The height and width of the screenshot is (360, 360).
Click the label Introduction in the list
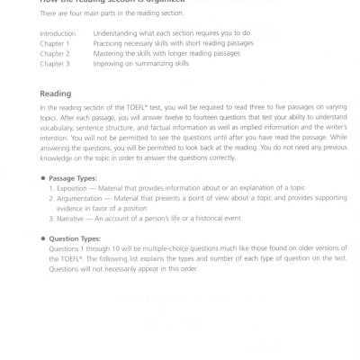click(57, 33)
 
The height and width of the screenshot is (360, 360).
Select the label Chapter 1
click(54, 43)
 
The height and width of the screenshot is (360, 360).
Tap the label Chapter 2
click(54, 53)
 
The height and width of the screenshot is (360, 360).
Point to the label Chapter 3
click(54, 63)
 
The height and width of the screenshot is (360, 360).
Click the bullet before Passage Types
click(43, 178)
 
